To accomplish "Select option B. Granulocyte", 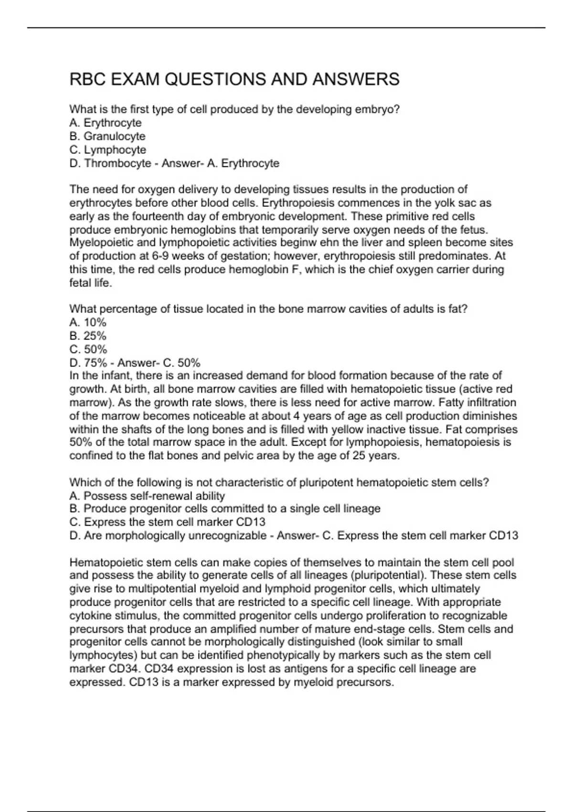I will click(x=107, y=136).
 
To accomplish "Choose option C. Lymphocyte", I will click(x=108, y=150).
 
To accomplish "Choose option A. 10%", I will click(x=88, y=322).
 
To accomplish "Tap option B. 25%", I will click(x=88, y=336).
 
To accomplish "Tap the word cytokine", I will click(x=90, y=616).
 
